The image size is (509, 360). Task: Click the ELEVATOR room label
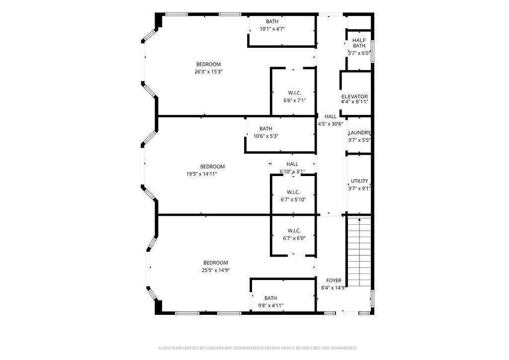354,96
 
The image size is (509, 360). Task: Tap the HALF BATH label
359,43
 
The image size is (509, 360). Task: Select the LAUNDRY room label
359,132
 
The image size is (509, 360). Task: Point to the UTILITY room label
359,181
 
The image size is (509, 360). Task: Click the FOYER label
334,280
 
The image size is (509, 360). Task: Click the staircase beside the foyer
359,252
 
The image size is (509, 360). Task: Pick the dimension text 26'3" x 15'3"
208,72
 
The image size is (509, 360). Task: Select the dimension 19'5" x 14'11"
202,174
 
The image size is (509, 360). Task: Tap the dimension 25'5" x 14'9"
216,270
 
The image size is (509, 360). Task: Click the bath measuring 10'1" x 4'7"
282,31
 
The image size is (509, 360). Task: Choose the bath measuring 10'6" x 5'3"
280,134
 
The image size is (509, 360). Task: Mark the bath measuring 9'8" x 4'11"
283,295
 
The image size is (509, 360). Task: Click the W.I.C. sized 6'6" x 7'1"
293,91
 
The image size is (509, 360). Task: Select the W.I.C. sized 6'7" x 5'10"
293,195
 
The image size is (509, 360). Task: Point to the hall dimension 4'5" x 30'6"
331,124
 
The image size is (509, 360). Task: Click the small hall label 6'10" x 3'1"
292,172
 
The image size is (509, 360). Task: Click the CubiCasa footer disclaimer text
257,348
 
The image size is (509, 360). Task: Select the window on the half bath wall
373,51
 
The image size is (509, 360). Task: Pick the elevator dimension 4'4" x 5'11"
354,102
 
